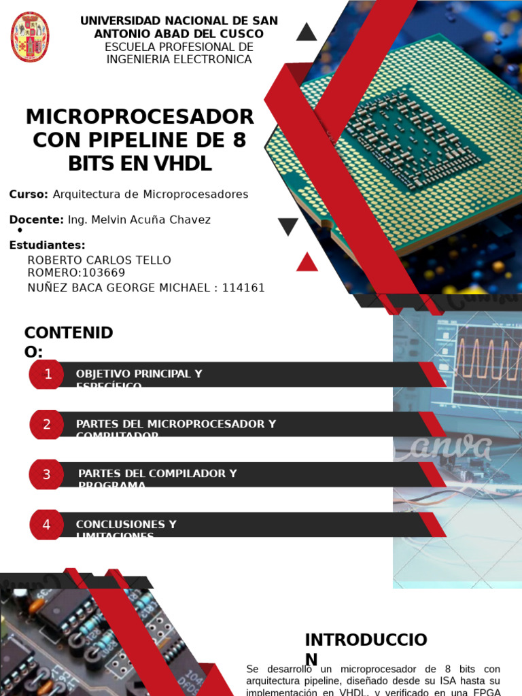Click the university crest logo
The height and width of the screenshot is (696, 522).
pyautogui.click(x=30, y=37)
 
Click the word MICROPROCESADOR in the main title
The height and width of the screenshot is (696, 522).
pyautogui.click(x=139, y=116)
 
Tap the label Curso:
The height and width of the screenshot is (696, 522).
pyautogui.click(x=29, y=194)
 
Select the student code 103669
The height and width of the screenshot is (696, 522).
pyautogui.click(x=103, y=273)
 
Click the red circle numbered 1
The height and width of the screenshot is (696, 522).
pyautogui.click(x=47, y=375)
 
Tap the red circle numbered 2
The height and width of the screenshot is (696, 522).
pyautogui.click(x=47, y=425)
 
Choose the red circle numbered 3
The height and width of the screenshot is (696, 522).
pyautogui.click(x=47, y=474)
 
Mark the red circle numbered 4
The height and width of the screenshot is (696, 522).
pyautogui.click(x=47, y=525)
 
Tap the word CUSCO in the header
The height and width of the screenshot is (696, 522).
pyautogui.click(x=245, y=34)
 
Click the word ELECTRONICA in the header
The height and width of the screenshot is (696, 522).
pyautogui.click(x=213, y=59)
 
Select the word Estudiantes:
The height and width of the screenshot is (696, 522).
pyautogui.click(x=47, y=245)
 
